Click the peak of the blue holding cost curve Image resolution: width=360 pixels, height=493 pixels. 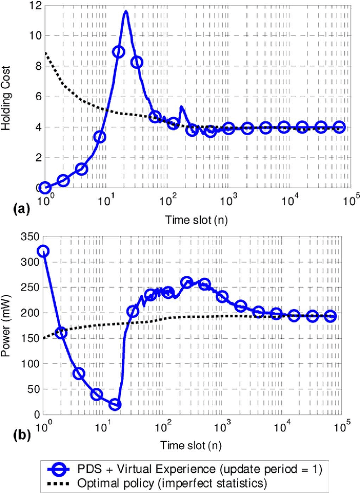(x=125, y=11)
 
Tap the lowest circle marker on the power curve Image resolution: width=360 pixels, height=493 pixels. (x=115, y=405)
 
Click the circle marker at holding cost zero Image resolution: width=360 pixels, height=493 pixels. (x=45, y=188)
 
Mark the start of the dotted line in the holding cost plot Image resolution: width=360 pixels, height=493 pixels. (x=45, y=53)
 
